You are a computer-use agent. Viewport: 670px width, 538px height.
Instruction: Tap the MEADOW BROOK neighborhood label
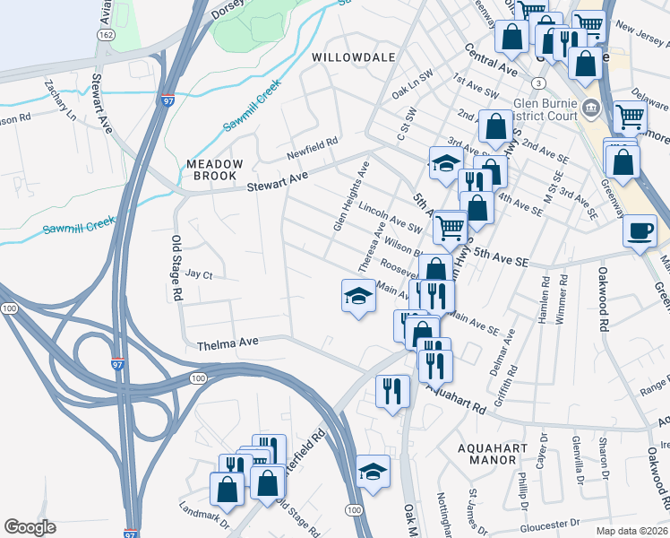(215, 170)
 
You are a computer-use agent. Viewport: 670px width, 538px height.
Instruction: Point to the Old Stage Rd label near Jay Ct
(176, 267)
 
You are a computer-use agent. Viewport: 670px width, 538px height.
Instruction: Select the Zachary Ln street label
(58, 99)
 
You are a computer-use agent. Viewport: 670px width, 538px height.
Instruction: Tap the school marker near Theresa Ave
(357, 296)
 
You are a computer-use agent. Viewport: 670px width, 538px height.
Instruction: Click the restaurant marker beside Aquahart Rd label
(392, 391)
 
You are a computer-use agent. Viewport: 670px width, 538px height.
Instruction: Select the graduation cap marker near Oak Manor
(373, 472)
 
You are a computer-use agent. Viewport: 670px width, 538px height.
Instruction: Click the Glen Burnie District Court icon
(591, 109)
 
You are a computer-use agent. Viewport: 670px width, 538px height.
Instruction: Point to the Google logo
(30, 526)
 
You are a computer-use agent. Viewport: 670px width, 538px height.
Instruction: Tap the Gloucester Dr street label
(534, 524)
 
